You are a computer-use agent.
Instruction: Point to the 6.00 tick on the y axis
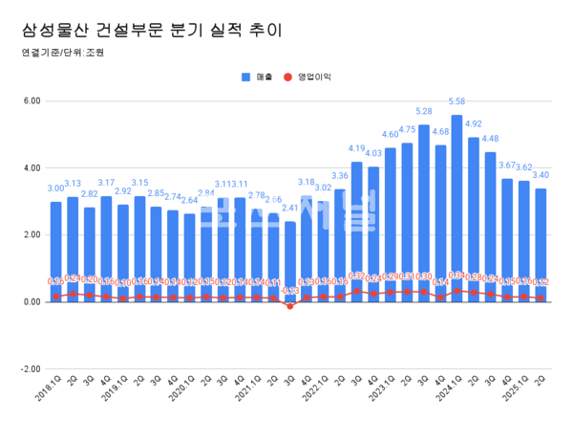click(x=31, y=100)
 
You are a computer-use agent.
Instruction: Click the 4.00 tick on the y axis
click(x=31, y=167)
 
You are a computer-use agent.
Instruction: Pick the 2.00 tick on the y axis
click(x=31, y=234)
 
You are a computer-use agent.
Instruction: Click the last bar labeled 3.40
click(x=541, y=244)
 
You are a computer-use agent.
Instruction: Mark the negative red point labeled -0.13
click(x=289, y=306)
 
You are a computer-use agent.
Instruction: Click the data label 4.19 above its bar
click(x=356, y=148)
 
